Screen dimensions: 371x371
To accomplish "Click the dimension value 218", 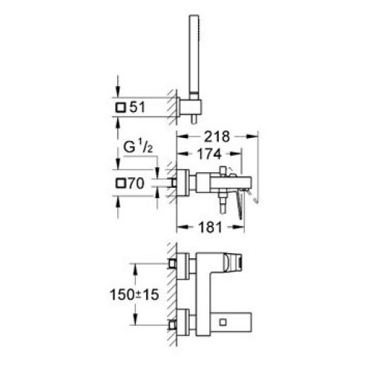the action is pyautogui.click(x=217, y=137).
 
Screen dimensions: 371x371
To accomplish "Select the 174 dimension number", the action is pyautogui.click(x=209, y=154).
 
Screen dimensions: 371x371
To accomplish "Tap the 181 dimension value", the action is pyautogui.click(x=210, y=227).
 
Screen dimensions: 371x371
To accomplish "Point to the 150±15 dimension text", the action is pyautogui.click(x=134, y=295).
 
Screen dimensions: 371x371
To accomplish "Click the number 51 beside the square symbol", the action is pyautogui.click(x=137, y=108).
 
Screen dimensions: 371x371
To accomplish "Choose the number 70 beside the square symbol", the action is pyautogui.click(x=137, y=183).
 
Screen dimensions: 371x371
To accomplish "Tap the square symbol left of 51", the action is pyautogui.click(x=120, y=108).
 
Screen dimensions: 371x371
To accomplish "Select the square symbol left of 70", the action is pyautogui.click(x=121, y=183).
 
